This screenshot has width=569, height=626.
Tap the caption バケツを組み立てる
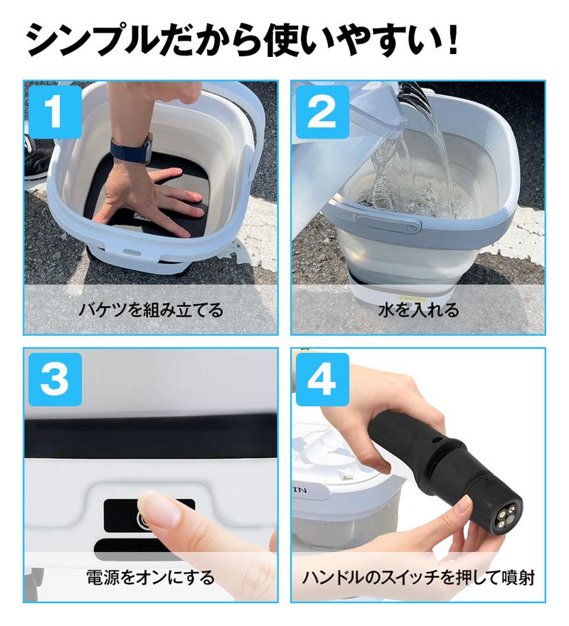coord(151,310)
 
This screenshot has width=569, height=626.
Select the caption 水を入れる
coord(418,310)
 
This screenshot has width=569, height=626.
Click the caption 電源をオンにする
coord(151,577)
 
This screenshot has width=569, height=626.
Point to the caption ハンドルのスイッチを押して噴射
coord(418,577)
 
